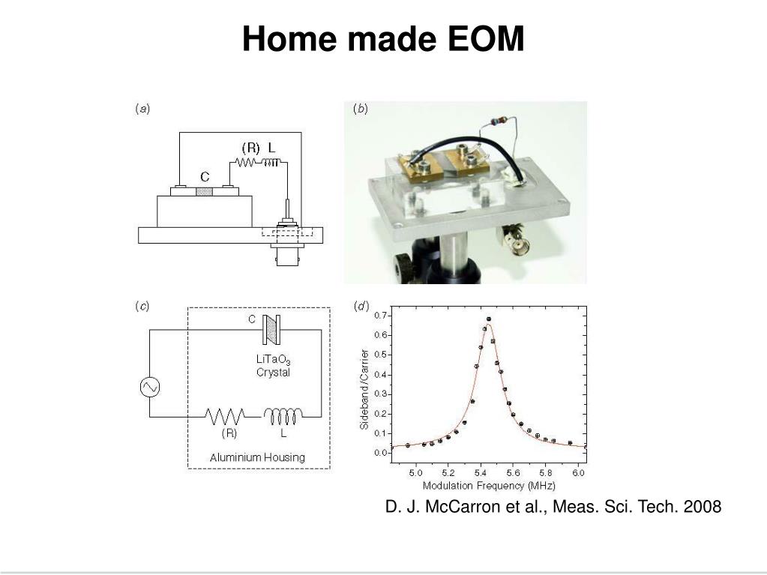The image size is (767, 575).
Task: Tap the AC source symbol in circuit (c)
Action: pyautogui.click(x=150, y=388)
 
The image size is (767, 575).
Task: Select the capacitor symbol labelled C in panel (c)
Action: pyautogui.click(x=271, y=330)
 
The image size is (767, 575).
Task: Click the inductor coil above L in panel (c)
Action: pyautogui.click(x=283, y=417)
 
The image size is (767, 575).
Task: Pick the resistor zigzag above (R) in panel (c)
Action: pyautogui.click(x=225, y=417)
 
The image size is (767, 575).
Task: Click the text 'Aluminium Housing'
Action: pyautogui.click(x=257, y=457)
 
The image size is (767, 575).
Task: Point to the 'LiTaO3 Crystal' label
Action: pyautogui.click(x=273, y=366)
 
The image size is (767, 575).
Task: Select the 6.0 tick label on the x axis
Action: pyautogui.click(x=579, y=473)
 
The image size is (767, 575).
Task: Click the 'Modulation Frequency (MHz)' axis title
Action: pyautogui.click(x=489, y=486)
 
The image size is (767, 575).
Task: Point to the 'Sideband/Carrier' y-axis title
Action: pyautogui.click(x=364, y=389)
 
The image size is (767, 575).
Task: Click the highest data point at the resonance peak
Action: pyautogui.click(x=489, y=319)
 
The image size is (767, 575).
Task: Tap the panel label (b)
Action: pyautogui.click(x=361, y=109)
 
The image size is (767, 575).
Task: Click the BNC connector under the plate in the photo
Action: pyautogui.click(x=514, y=238)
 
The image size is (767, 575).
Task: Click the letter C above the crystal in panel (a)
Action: pyautogui.click(x=205, y=176)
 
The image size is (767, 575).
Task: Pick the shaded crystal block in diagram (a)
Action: pyautogui.click(x=205, y=192)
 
